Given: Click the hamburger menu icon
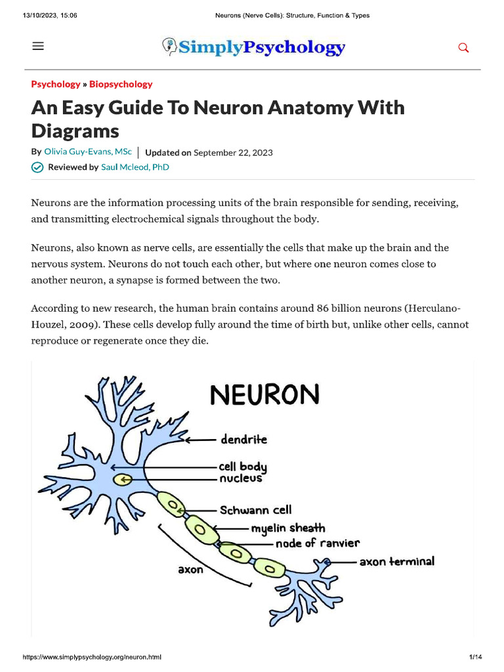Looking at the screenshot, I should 38,46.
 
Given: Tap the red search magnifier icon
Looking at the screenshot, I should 463,47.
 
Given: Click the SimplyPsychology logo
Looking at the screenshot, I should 253,47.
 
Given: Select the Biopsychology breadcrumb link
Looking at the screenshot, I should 121,84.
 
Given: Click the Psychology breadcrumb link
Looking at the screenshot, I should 55,84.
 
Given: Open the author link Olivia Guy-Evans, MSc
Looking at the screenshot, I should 87,152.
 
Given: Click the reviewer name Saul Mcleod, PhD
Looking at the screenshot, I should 135,167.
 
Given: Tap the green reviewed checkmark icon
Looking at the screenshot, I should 37,167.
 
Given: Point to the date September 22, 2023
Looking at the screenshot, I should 233,152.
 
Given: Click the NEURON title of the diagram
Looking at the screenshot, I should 264,395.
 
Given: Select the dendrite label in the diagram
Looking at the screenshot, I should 243,439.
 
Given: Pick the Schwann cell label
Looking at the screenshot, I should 255,509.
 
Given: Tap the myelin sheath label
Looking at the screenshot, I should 287,528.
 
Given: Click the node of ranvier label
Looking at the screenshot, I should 317,543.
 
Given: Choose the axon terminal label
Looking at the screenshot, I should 396,562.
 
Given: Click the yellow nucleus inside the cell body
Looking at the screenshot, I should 122,480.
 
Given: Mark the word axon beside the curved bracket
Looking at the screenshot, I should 191,570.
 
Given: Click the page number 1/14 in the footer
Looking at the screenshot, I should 475,657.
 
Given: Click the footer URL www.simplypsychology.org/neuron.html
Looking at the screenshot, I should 92,657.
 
